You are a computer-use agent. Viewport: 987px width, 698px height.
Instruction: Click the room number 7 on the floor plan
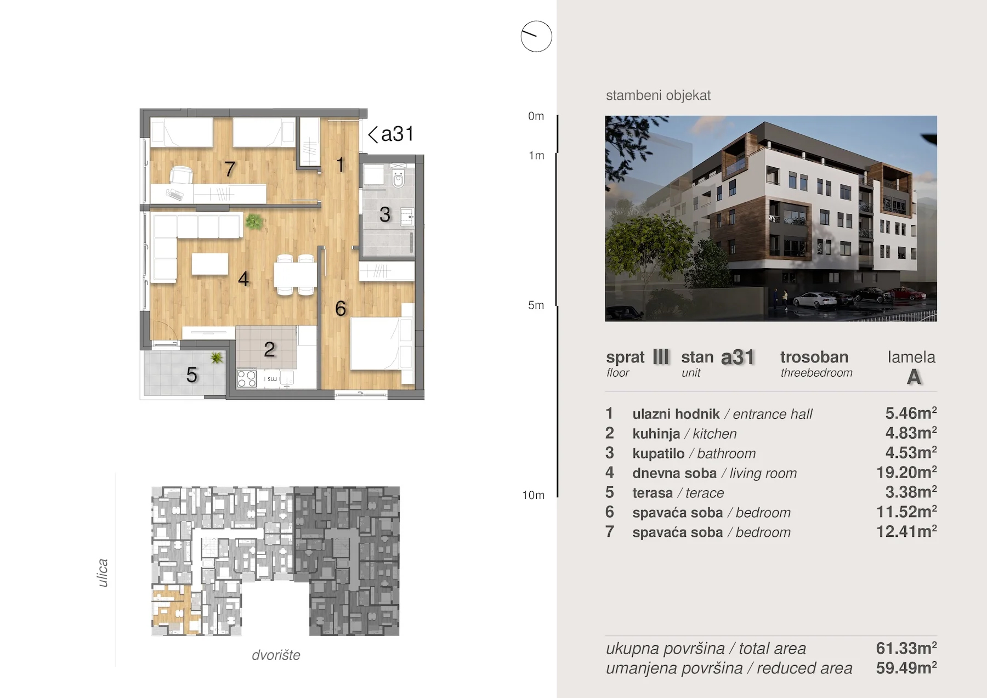tap(230, 169)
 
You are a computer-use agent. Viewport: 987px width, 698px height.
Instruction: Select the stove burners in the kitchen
tap(247, 379)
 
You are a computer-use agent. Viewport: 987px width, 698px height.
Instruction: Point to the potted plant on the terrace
tap(217, 358)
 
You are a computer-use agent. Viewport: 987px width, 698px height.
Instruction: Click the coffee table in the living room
tap(210, 264)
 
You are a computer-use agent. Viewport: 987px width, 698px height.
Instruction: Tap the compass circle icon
tap(536, 37)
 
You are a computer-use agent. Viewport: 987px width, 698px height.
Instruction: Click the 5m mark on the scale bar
tap(536, 305)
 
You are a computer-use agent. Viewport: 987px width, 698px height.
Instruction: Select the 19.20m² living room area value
tap(906, 472)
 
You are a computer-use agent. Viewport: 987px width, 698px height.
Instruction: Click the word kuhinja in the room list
tap(656, 434)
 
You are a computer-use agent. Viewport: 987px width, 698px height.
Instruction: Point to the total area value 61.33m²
tap(906, 648)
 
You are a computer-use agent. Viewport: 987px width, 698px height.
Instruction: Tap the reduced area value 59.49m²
tap(906, 668)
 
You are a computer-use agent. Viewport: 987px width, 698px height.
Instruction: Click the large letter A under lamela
tap(914, 377)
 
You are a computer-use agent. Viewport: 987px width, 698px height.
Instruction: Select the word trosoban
tap(814, 357)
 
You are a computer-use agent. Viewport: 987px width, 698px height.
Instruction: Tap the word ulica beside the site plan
tap(103, 573)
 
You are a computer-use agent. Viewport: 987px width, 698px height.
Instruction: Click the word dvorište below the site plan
tap(276, 655)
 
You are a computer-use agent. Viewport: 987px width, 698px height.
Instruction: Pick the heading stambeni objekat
tap(658, 95)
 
